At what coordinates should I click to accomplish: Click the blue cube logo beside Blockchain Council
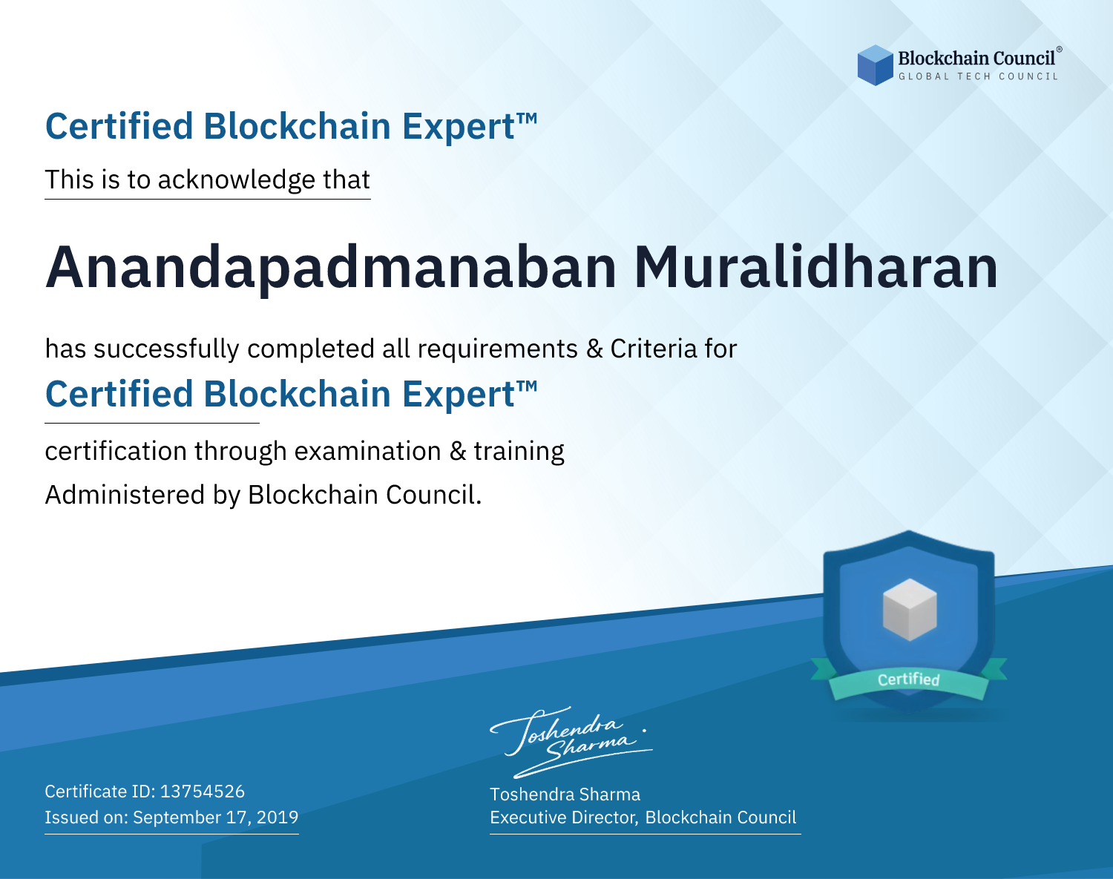coord(875,65)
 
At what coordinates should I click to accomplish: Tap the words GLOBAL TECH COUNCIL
coord(978,76)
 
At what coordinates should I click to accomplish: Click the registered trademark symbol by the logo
coord(1059,50)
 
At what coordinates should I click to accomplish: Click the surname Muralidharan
coord(815,268)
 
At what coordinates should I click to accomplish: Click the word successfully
coord(166,349)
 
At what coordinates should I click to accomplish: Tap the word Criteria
coord(653,349)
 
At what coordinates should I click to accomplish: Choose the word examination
coord(368,451)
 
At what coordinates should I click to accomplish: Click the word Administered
coord(125,495)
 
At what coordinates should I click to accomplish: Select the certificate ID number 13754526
coord(203,791)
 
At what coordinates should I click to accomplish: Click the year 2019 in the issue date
coord(278,817)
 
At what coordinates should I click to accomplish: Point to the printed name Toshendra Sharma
coord(565,794)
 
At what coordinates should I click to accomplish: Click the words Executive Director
coord(562,817)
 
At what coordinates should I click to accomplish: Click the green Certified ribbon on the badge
coord(909,679)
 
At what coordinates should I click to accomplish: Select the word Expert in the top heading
coord(459,127)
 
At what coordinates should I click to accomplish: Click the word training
coord(519,452)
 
